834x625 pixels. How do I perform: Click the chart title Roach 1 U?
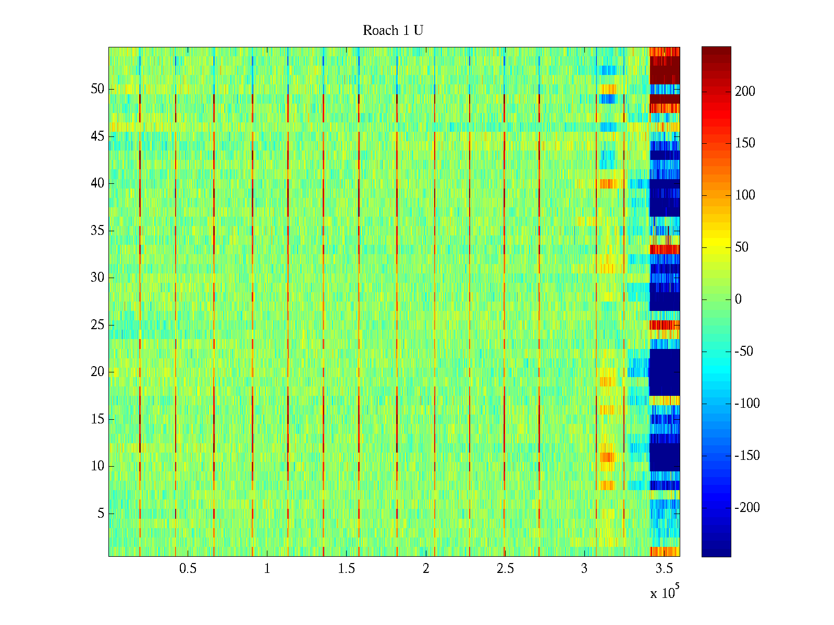393,31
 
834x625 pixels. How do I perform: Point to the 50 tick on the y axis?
97,89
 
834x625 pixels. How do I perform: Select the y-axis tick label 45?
97,136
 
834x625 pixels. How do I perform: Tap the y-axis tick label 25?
97,325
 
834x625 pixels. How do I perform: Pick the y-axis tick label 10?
97,466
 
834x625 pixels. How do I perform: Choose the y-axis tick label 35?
97,231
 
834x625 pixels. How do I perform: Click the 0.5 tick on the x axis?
188,569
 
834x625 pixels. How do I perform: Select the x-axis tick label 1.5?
346,569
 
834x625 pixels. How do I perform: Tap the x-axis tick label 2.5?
505,569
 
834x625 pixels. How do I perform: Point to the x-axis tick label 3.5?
664,569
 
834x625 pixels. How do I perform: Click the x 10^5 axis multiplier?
664,593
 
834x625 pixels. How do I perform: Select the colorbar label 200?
745,92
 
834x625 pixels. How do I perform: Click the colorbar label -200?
747,508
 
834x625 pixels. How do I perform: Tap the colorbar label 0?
738,299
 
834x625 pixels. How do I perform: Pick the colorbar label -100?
747,404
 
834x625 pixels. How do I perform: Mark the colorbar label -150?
747,456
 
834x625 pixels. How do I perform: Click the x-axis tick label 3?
584,569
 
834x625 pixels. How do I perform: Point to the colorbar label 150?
745,144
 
